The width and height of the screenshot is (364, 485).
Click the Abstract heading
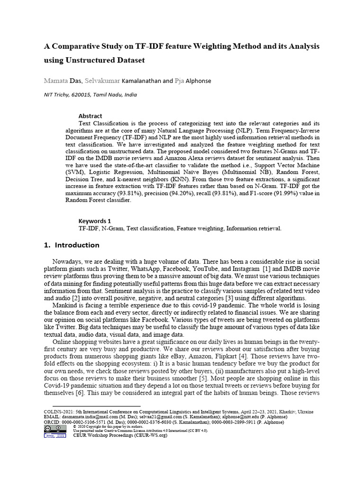tap(90, 116)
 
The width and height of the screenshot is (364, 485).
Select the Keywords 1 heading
tap(95, 221)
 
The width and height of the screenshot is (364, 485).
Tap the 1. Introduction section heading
tap(72, 245)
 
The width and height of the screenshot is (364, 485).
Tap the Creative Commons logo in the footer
tap(49, 428)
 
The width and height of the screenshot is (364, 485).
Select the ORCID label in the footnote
tap(52, 422)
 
